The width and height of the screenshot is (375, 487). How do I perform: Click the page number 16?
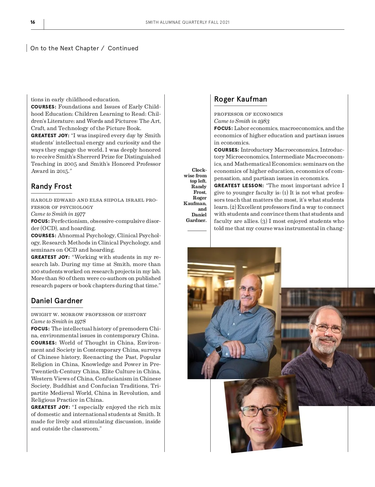(x=33, y=22)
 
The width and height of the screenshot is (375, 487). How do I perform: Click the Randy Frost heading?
(x=51, y=187)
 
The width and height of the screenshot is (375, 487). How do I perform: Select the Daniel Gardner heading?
(x=57, y=301)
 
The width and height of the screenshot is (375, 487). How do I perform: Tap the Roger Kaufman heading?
(x=240, y=99)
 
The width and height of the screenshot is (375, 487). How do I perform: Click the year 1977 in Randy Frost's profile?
(x=80, y=214)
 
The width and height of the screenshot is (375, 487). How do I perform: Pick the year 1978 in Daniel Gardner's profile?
(x=80, y=322)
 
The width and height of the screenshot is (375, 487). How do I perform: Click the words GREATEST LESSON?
(x=239, y=186)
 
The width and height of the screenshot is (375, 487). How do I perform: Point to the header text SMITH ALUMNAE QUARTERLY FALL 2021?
(x=187, y=23)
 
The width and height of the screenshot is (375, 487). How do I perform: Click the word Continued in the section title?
(x=123, y=48)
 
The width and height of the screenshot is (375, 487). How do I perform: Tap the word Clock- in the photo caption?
(x=199, y=170)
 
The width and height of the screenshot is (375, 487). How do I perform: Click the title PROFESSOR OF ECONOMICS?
(x=248, y=114)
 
